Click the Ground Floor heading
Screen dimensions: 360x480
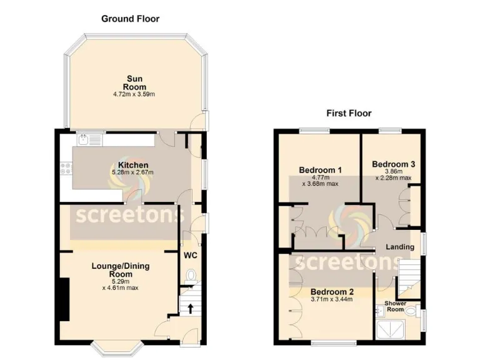130,19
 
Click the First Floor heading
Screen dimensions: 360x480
349,113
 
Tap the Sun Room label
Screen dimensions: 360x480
134,82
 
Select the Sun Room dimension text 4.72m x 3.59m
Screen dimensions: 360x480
134,94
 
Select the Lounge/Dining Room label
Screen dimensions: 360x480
121,270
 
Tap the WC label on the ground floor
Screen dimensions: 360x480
191,256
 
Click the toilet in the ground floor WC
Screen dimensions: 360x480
191,275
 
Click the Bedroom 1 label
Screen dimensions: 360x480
320,170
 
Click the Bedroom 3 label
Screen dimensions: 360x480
393,164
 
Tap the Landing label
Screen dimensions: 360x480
399,247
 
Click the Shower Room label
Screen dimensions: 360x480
395,307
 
